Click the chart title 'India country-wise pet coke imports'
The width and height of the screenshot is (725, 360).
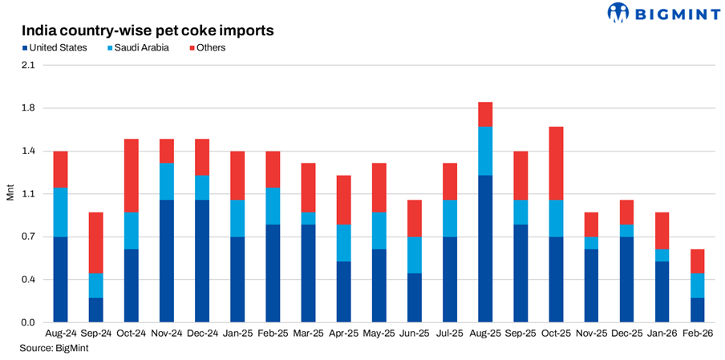(x=148, y=30)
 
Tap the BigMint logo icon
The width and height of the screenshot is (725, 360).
(x=619, y=13)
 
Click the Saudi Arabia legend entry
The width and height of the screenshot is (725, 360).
(x=138, y=48)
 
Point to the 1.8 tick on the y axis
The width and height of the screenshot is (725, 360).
(x=28, y=108)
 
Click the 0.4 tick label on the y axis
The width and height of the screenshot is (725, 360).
(x=28, y=280)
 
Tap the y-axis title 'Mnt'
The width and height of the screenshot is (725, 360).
(x=10, y=194)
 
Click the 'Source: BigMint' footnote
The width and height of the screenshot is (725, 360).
(x=53, y=348)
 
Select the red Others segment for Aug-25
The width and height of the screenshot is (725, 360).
(x=485, y=114)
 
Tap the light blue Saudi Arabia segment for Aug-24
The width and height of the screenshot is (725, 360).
(x=61, y=212)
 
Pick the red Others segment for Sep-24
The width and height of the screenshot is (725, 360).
(x=96, y=243)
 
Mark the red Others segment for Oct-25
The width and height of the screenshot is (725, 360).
(x=556, y=163)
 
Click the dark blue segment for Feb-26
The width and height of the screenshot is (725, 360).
(x=697, y=309)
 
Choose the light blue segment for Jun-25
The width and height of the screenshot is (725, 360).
(x=415, y=255)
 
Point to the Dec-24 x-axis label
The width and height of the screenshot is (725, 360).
(x=202, y=332)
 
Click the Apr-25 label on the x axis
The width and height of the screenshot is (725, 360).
(x=343, y=332)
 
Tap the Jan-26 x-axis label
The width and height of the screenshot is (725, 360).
(x=661, y=332)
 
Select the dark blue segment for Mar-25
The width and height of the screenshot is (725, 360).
(x=309, y=273)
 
